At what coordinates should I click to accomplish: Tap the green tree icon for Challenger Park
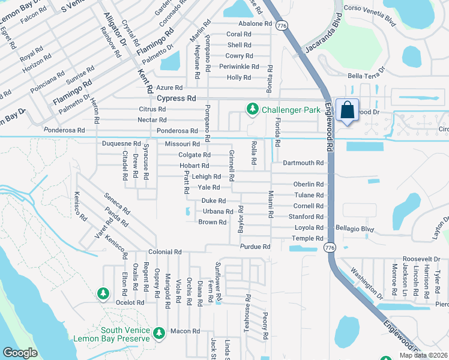(x=253, y=109)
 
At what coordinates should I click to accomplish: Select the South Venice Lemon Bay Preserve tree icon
(x=158, y=332)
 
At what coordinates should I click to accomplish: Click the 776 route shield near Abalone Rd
(x=281, y=25)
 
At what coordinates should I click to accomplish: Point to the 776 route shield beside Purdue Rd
(x=328, y=247)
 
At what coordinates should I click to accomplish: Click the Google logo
(x=20, y=353)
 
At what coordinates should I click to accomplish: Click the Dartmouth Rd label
(x=303, y=163)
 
